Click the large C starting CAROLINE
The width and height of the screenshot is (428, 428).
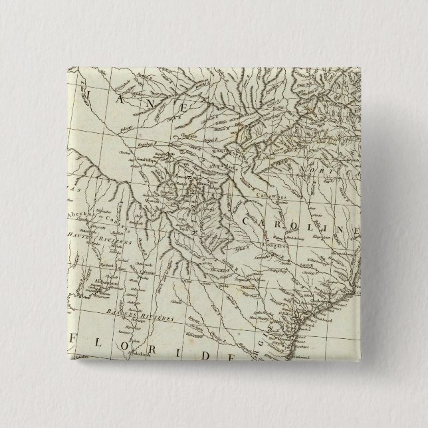[251, 221]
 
